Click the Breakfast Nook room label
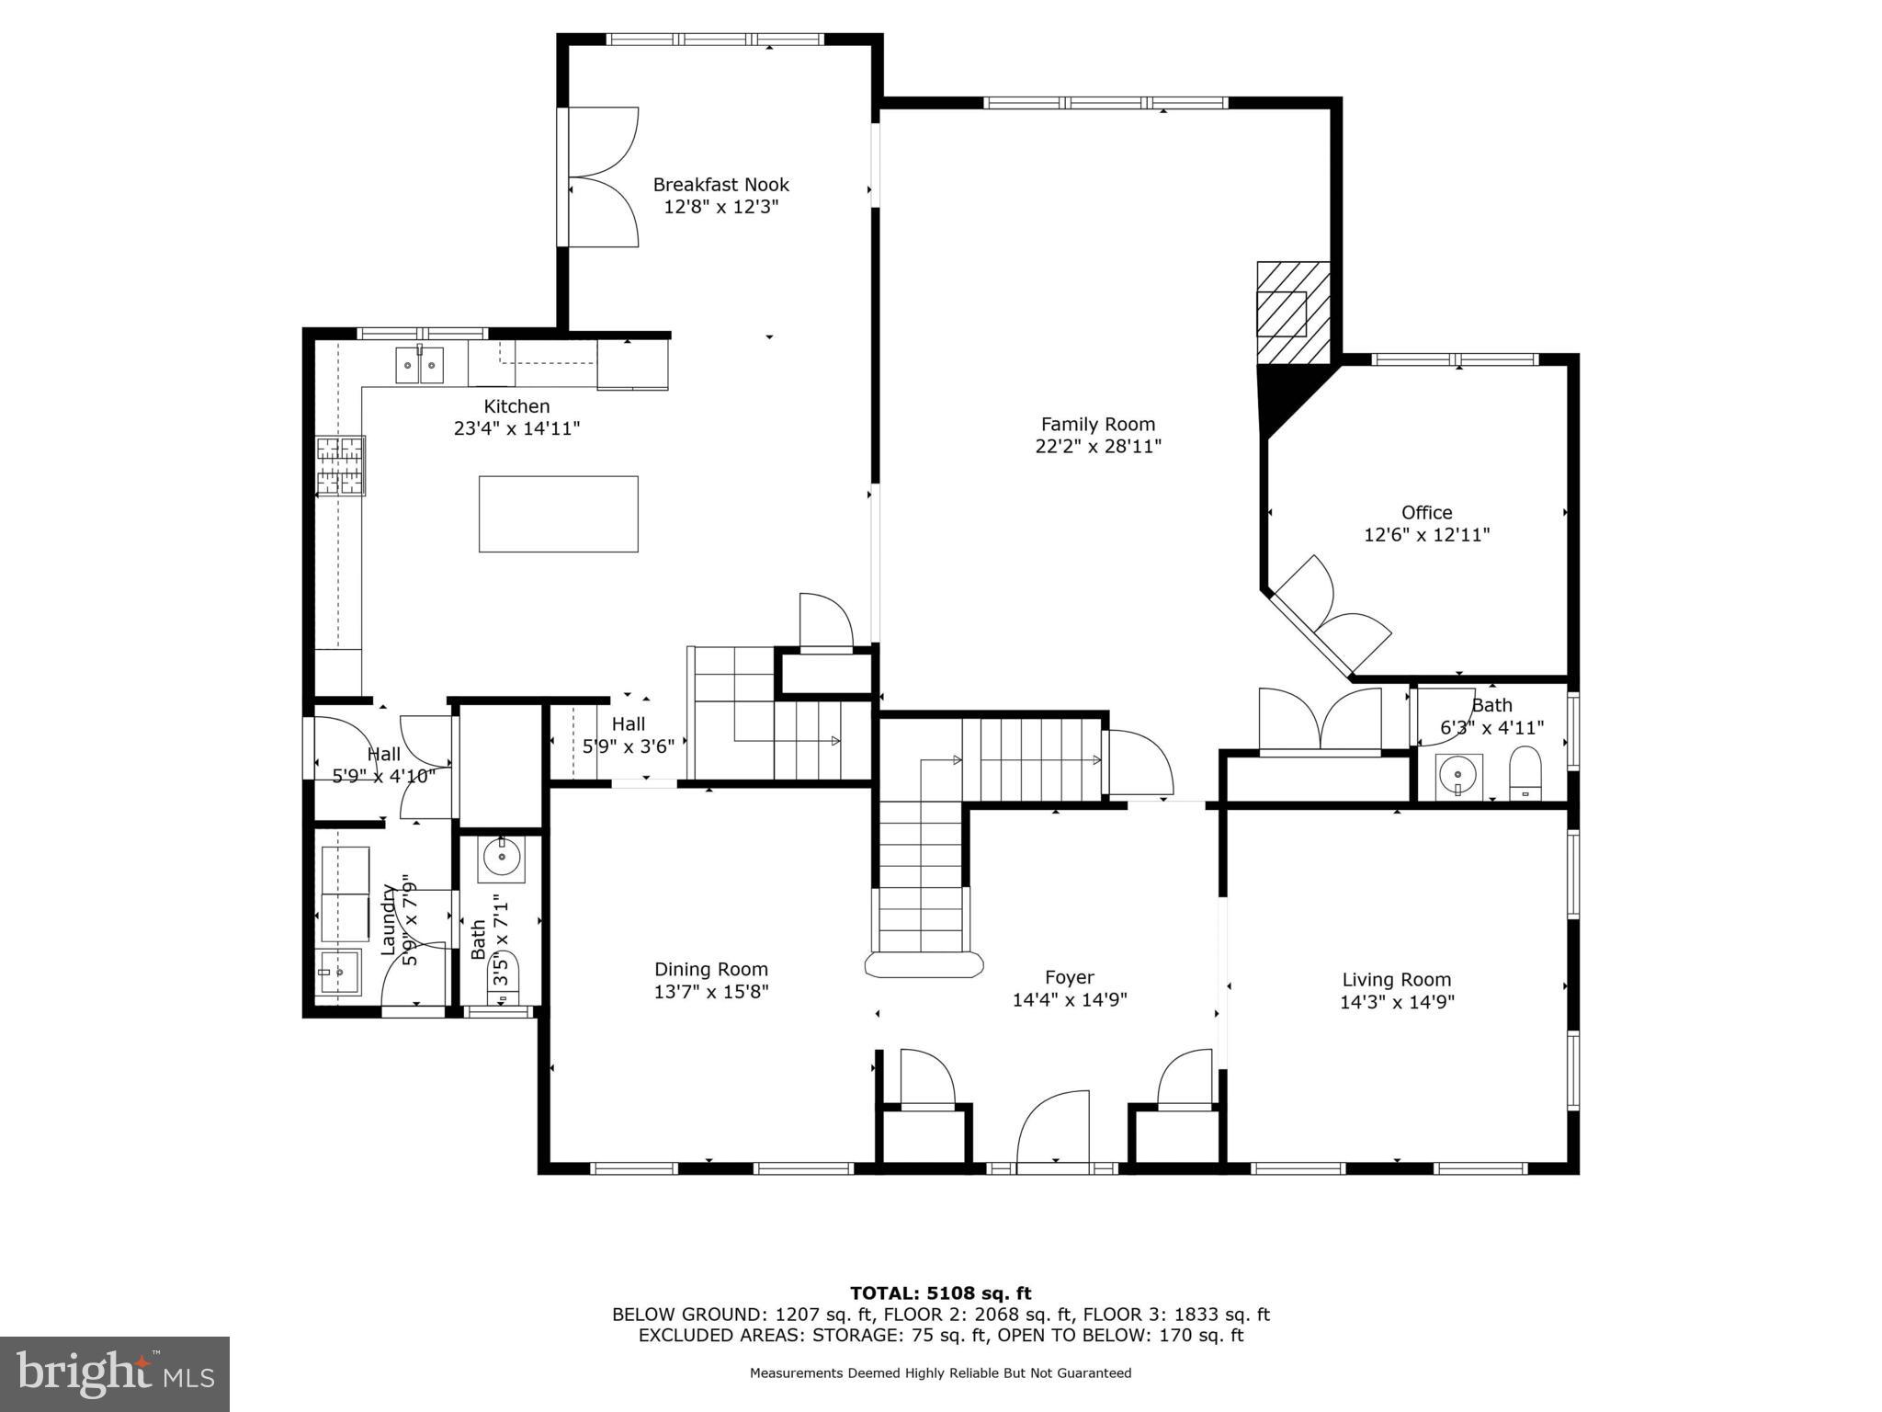point(720,185)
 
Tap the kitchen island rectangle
point(558,514)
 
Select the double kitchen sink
point(420,365)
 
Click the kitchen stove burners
point(341,465)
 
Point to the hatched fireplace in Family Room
point(1293,312)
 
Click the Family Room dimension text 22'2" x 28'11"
point(1097,447)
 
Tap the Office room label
point(1426,513)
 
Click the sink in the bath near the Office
point(1458,775)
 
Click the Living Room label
point(1396,980)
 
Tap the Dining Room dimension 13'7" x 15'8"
point(710,992)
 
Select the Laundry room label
point(389,918)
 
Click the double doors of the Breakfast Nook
point(599,176)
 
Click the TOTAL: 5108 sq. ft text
point(940,1293)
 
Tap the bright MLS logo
point(114,1374)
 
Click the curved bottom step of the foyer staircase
point(924,964)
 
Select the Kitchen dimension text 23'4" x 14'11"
point(516,428)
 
